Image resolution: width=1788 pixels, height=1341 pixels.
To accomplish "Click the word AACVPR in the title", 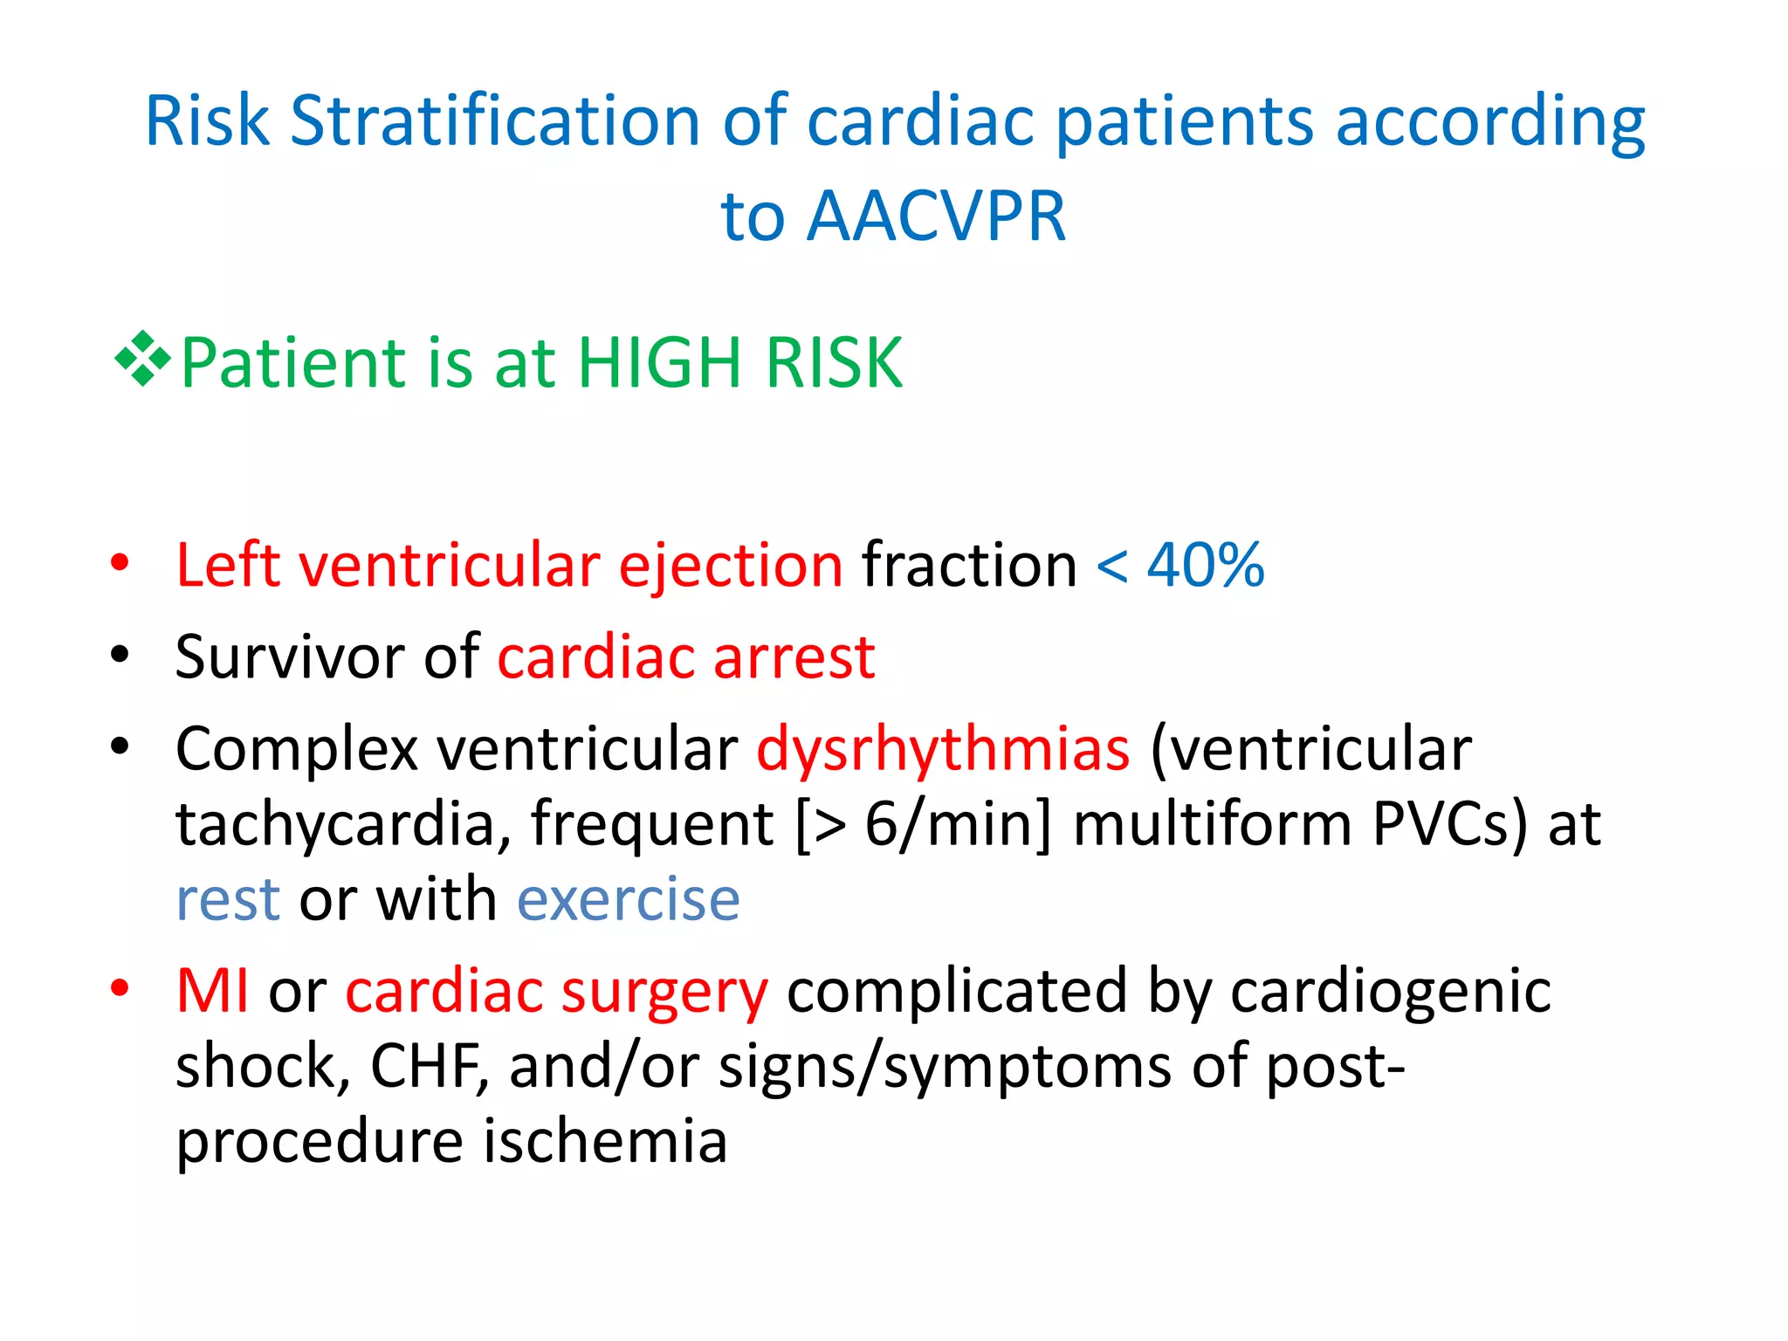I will (x=936, y=217).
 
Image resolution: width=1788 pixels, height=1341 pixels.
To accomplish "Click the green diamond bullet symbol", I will (x=141, y=359).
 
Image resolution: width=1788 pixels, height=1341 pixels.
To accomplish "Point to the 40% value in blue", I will (x=1206, y=565).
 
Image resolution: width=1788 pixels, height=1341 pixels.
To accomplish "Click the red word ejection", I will (x=731, y=567).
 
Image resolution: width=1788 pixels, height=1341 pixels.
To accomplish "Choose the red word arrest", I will (x=794, y=657).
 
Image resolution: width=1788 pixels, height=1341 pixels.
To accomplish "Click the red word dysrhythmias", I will (x=943, y=750).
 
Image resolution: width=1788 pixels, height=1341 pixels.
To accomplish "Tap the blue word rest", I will (x=228, y=899).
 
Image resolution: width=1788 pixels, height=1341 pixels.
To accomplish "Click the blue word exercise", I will (x=629, y=899).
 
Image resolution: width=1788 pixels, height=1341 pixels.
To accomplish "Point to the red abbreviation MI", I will (x=212, y=991).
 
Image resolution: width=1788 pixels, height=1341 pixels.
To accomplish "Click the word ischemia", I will (x=605, y=1141).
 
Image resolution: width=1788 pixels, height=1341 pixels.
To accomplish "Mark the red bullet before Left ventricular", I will (x=120, y=563).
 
